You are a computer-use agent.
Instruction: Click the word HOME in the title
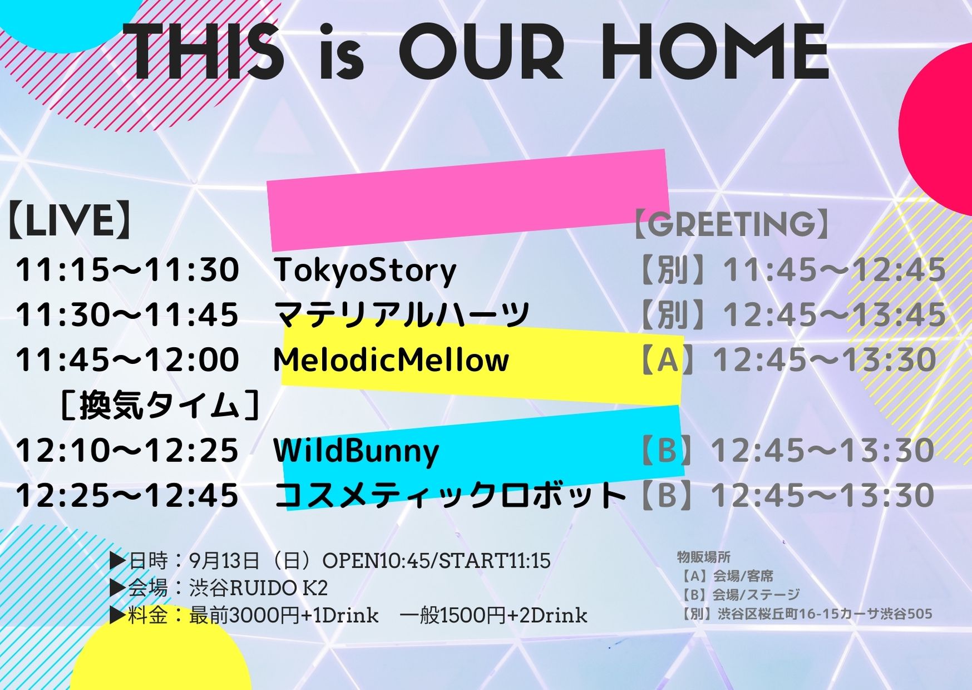tap(716, 53)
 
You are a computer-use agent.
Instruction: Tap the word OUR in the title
tap(482, 53)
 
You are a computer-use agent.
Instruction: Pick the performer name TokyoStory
tap(365, 270)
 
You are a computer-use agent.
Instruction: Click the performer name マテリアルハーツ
tap(402, 314)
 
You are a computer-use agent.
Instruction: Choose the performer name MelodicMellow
tap(391, 359)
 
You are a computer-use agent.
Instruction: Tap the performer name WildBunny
tap(357, 451)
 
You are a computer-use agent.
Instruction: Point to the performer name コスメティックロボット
tap(451, 495)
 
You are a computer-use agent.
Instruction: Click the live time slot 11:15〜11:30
tap(127, 270)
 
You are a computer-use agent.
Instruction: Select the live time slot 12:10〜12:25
tap(127, 450)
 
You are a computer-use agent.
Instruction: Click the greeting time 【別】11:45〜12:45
tap(791, 270)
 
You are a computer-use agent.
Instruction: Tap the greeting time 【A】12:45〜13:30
tap(787, 359)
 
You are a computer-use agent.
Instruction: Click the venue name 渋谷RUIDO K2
tap(258, 588)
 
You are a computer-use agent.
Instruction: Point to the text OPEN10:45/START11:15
tap(436, 560)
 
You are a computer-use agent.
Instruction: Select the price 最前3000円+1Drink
tap(284, 615)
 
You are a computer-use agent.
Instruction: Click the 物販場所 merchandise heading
tap(703, 557)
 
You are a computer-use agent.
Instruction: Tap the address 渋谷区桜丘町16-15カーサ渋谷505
tap(825, 614)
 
